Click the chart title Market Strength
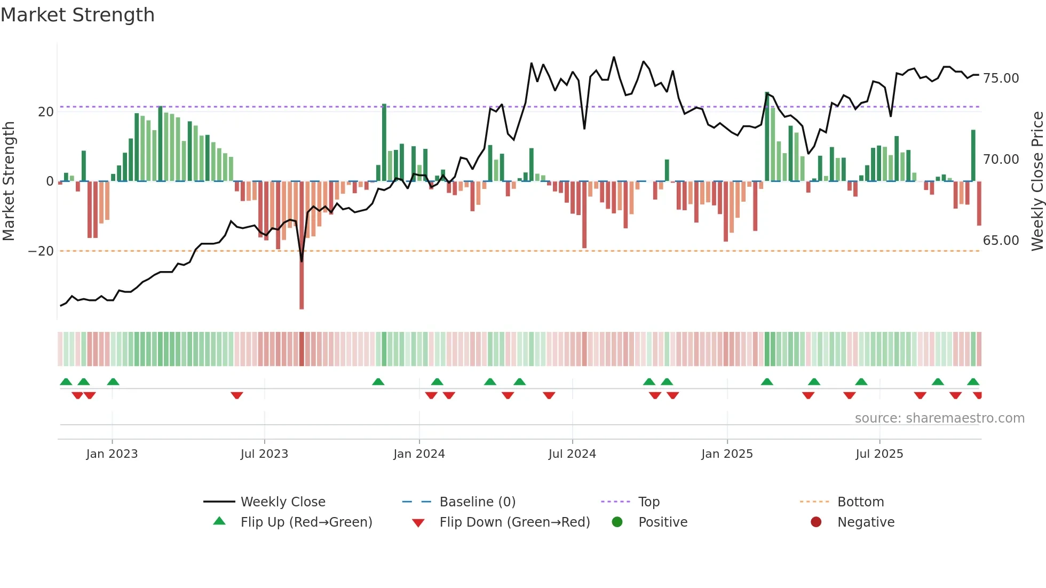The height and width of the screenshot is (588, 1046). pos(77,15)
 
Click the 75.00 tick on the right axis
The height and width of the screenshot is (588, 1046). pos(1001,78)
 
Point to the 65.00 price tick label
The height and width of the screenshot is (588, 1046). pos(1001,241)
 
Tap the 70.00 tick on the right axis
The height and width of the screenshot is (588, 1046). pos(1001,160)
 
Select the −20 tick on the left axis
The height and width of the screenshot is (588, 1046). pos(41,251)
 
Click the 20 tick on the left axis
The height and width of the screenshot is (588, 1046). pos(46,112)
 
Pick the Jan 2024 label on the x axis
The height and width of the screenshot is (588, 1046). pos(419,454)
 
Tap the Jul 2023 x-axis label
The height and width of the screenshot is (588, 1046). pos(264,454)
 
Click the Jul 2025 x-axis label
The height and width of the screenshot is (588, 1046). pos(879,454)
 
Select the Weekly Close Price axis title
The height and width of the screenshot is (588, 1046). pos(1037,181)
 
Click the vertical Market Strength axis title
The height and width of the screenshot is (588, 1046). pos(9,181)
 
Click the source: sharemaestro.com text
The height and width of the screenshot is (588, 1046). pos(939,418)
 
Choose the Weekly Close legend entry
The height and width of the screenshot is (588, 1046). pos(282,502)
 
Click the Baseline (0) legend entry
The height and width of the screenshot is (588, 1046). pos(477,502)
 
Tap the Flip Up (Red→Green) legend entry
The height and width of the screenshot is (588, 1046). pos(306,522)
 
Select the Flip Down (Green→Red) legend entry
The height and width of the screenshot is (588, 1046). pos(514,522)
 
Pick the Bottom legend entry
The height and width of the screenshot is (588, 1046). pos(860,502)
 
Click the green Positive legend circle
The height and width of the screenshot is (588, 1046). pos(617,522)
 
